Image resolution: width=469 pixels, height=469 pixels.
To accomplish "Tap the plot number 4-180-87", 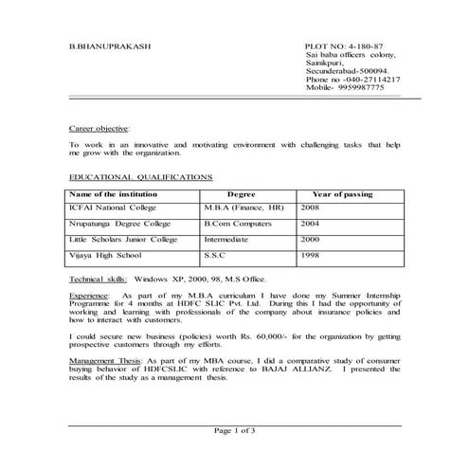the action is (x=344, y=45).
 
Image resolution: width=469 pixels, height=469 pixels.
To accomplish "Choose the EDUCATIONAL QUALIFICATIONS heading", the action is (x=141, y=177).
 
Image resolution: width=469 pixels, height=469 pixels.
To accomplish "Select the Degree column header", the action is (x=242, y=194).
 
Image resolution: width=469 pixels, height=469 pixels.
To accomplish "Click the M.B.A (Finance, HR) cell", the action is (x=244, y=207).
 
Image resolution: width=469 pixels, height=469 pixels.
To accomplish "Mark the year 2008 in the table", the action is (x=310, y=207).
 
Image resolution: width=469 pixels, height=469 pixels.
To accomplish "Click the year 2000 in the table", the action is (x=310, y=242).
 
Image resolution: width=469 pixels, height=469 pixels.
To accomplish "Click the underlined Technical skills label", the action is (x=99, y=280).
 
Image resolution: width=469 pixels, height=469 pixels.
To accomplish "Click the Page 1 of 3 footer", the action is (x=235, y=431).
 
